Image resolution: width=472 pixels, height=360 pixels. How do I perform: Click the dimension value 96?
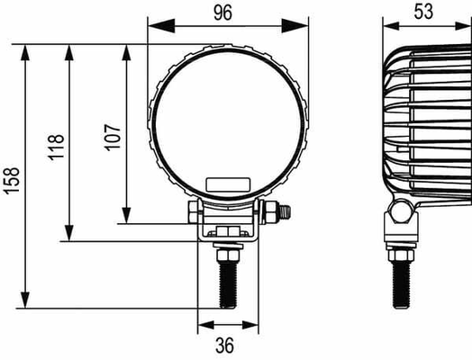click(x=223, y=13)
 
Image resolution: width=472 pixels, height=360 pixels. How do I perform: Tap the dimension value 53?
click(x=423, y=12)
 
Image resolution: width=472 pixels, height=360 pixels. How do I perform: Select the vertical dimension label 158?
click(x=13, y=181)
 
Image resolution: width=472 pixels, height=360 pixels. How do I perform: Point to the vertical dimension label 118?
click(x=56, y=148)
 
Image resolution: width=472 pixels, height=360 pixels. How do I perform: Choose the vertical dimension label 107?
click(x=113, y=137)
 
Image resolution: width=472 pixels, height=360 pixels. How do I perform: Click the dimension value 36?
click(x=224, y=346)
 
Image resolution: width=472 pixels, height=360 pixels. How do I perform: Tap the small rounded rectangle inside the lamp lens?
click(x=228, y=184)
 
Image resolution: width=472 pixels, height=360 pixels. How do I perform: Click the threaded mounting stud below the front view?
click(x=228, y=285)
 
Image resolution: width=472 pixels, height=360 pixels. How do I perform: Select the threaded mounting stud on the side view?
click(x=401, y=285)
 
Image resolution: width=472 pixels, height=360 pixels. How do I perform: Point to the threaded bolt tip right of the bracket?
click(x=284, y=212)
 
